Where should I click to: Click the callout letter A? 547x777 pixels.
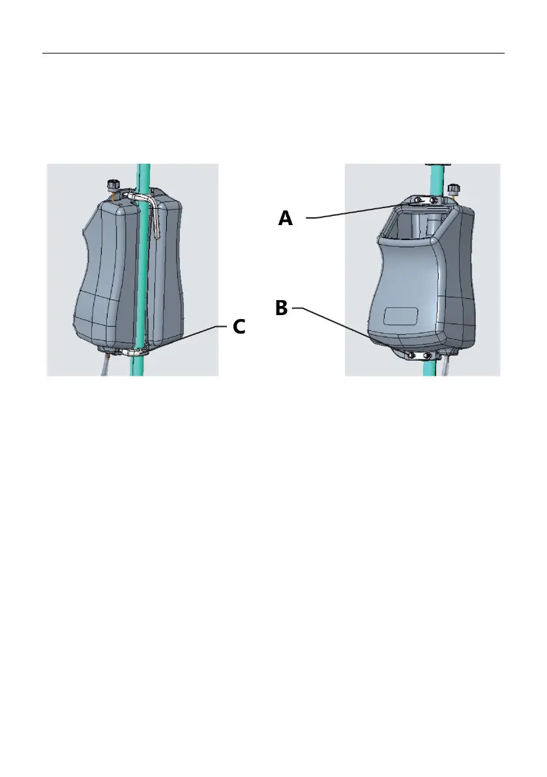[x=286, y=218]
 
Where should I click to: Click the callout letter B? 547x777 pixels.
[x=281, y=309]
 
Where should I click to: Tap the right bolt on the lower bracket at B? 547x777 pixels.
[x=426, y=356]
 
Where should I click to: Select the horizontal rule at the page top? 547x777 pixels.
[x=273, y=53]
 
